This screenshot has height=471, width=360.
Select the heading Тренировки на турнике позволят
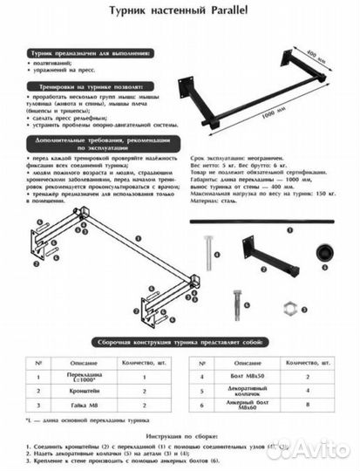84,87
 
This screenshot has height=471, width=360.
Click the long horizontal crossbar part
266,225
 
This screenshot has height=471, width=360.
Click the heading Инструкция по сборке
179,434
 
